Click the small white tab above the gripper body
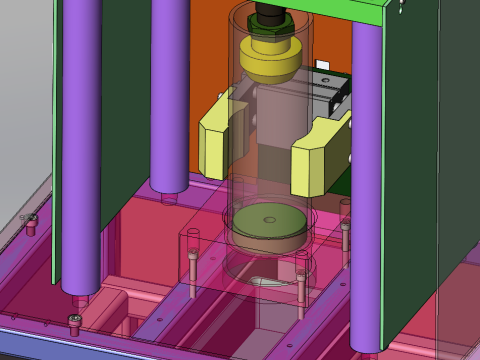click(x=323, y=66)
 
